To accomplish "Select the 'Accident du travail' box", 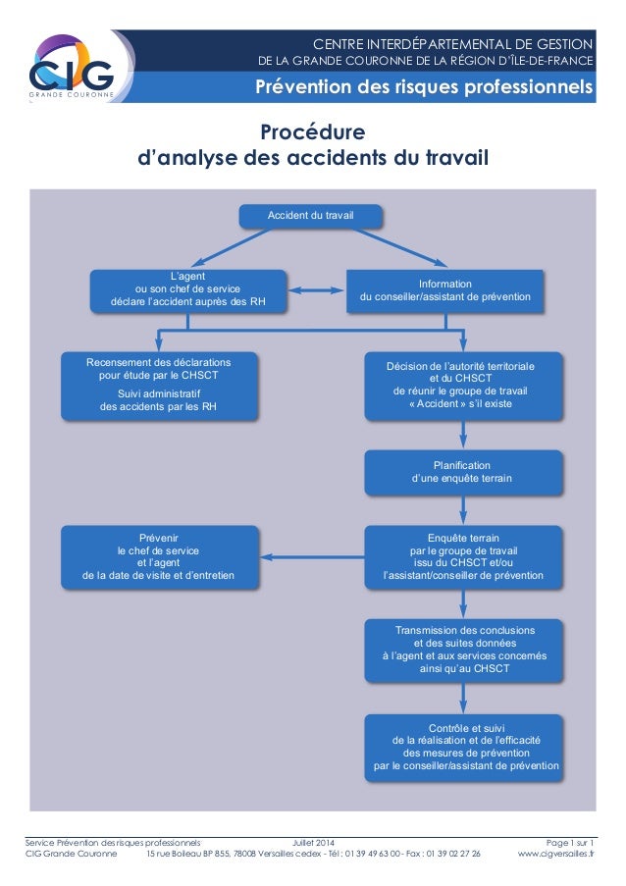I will click(311, 215).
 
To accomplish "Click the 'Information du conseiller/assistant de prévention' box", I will click(445, 289).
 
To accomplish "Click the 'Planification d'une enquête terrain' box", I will click(462, 472).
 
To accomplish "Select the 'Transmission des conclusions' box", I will click(463, 649).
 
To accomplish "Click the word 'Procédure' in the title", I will click(312, 132).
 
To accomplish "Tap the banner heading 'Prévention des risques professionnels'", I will click(424, 90).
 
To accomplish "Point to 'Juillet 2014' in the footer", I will click(313, 842).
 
